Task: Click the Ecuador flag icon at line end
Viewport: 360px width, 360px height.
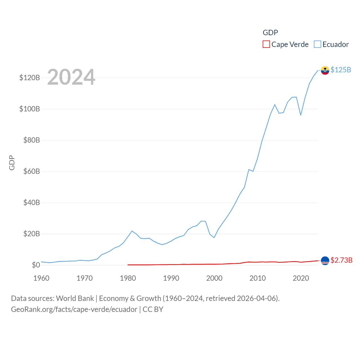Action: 325,70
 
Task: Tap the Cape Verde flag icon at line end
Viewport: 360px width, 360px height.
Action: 325,261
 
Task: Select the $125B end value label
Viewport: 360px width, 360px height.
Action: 341,70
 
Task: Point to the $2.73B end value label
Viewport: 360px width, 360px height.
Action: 341,260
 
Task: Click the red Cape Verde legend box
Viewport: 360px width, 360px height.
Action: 266,44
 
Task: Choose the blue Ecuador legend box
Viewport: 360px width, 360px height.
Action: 317,44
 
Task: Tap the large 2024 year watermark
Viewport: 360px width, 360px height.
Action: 71,77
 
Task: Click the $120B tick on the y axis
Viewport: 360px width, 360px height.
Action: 30,78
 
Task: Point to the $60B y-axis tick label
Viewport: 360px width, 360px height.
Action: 31,171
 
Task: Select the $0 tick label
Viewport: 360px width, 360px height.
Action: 36,265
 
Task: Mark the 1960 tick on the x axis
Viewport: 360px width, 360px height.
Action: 41,278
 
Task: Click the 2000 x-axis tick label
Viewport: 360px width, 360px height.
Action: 214,278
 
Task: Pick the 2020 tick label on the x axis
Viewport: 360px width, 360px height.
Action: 301,278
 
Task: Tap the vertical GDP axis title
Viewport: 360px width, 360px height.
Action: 12,163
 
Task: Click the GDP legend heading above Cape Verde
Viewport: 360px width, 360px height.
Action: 270,33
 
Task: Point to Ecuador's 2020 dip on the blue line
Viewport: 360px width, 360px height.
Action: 301,115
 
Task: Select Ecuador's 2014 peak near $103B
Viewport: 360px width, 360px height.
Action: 275,105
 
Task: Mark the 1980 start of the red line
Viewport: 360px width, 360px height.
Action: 128,265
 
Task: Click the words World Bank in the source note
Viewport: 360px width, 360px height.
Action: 75,298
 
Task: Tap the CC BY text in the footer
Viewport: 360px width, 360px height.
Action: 153,309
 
